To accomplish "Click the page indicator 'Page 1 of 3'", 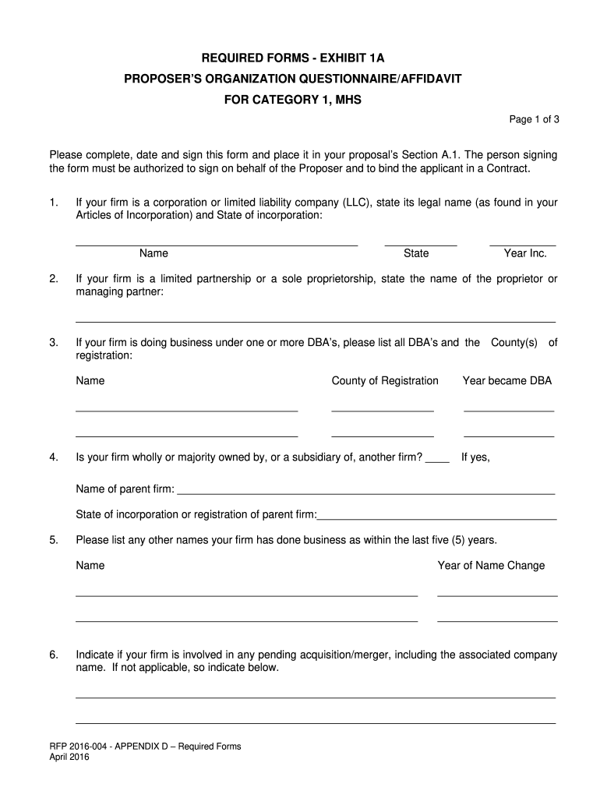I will (535, 119).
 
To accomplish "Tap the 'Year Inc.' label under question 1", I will (525, 253).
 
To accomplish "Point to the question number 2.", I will (54, 279).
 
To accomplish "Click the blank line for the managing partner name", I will (316, 320).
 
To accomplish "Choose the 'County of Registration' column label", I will (385, 381).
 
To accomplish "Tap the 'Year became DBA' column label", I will (507, 381).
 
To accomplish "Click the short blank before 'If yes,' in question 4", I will (439, 462).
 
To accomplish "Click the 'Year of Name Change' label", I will (491, 566).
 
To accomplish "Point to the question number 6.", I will (54, 655).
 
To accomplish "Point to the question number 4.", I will (54, 457).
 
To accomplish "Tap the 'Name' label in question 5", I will (90, 566).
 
